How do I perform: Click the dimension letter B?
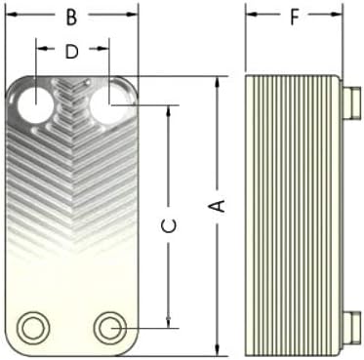[71, 18]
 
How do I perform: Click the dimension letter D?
[72, 52]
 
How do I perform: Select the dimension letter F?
[294, 18]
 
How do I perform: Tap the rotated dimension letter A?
[219, 207]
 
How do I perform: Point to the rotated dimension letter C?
[169, 226]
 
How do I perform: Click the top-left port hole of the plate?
[35, 104]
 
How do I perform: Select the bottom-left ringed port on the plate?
[33, 328]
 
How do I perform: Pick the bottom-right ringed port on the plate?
[110, 328]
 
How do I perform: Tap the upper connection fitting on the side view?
[352, 101]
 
